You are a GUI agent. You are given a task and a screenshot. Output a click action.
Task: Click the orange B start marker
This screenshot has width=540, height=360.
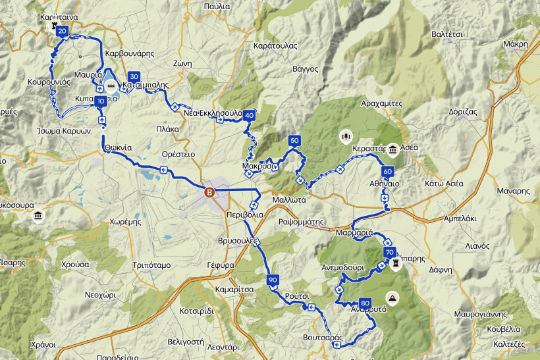coord(210,192)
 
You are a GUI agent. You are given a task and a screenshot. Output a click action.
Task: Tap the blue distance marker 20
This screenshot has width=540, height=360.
coord(62,31)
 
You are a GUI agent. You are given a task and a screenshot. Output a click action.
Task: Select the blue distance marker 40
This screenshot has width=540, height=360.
coord(248,116)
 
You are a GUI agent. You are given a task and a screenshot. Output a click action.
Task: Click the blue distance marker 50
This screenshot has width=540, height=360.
coord(294,140)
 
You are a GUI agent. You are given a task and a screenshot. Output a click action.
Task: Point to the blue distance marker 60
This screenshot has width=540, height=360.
coord(387,172)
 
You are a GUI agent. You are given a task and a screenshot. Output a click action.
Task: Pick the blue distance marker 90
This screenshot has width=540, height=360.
coord(273,280)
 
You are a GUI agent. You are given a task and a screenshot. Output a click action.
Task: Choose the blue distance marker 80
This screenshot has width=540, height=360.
coord(365,302)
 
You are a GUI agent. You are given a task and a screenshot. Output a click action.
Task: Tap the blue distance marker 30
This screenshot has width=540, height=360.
coord(134,76)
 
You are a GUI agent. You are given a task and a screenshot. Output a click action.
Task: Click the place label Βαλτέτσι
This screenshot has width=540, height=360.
coord(448,34)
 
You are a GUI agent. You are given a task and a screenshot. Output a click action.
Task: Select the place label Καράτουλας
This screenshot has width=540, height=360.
coord(275,46)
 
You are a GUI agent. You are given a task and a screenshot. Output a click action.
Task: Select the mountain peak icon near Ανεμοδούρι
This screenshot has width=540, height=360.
coord(393,298)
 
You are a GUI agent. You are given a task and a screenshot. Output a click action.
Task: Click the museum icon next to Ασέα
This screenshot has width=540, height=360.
coord(392,149)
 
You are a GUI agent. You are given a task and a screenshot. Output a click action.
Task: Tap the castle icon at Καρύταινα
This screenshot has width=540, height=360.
coord(54,24)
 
